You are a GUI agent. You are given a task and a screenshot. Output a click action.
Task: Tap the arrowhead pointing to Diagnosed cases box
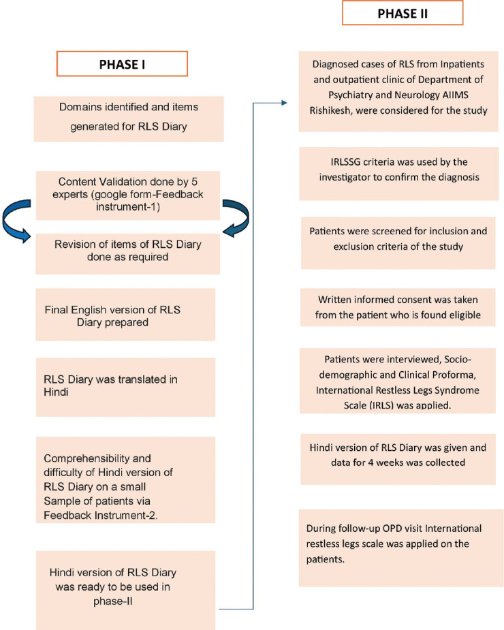pos(293,104)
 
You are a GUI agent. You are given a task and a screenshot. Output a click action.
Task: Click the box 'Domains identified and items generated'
pos(129,119)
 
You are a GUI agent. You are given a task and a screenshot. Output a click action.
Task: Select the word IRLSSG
pos(345,166)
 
